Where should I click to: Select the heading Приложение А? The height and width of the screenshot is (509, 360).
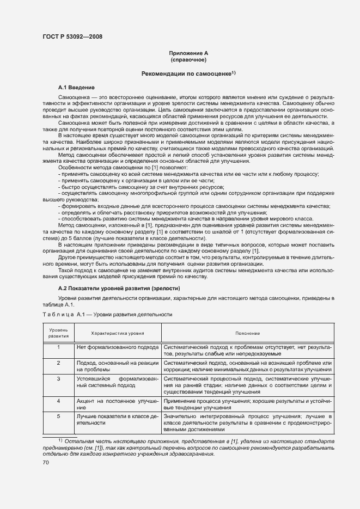coord(188,53)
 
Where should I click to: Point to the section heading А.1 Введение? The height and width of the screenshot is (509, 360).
coord(77,87)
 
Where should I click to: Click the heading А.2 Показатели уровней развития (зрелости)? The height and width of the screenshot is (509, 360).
coord(119,288)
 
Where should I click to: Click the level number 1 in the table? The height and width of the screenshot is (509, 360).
coord(58,347)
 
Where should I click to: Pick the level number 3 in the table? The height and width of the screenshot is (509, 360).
coord(58,378)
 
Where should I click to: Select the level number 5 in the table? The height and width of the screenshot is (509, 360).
coord(58,416)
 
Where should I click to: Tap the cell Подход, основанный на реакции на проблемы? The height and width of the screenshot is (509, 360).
coord(118,366)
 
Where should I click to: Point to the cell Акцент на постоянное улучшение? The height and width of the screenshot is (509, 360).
coord(118,404)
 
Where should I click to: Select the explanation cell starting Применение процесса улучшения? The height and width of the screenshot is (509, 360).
coord(247,404)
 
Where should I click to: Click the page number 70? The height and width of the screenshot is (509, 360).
coord(46,462)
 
